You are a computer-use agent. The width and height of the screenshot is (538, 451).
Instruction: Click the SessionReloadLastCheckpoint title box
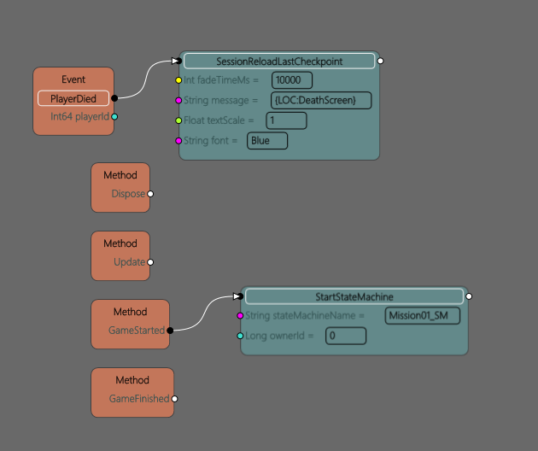(x=279, y=61)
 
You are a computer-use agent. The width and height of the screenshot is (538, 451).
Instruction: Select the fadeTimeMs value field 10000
(x=292, y=80)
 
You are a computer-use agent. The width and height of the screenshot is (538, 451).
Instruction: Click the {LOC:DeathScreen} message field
(x=321, y=100)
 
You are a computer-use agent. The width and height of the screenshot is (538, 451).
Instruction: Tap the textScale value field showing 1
(x=286, y=120)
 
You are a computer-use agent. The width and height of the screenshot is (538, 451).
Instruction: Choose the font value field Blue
(x=267, y=140)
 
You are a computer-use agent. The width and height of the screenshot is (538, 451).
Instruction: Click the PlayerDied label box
(x=73, y=99)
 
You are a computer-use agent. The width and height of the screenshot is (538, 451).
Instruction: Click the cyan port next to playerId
(x=114, y=117)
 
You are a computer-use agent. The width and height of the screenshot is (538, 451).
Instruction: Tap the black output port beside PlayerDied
(x=114, y=99)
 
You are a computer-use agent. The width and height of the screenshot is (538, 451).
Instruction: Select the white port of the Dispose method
(x=150, y=194)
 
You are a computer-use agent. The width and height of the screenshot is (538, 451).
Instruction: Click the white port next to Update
(x=150, y=262)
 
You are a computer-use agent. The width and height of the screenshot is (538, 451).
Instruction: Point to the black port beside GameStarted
(x=170, y=330)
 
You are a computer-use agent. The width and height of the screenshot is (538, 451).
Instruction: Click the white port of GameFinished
(x=175, y=399)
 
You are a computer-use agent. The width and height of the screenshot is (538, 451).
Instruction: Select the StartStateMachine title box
(x=354, y=296)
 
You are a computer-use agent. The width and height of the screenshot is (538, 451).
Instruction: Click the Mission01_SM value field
(x=423, y=316)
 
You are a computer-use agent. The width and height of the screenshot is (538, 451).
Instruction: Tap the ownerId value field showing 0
(x=346, y=336)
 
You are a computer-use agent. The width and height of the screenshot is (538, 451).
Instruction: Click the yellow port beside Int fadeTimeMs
(x=179, y=80)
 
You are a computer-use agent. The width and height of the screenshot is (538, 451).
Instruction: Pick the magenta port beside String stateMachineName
(x=240, y=316)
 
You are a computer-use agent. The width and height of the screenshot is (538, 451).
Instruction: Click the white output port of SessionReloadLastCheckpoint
(x=380, y=61)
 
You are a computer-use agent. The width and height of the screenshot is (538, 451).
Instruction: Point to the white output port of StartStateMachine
(x=469, y=296)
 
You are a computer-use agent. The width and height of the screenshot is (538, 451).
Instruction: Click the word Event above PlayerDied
(x=73, y=79)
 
